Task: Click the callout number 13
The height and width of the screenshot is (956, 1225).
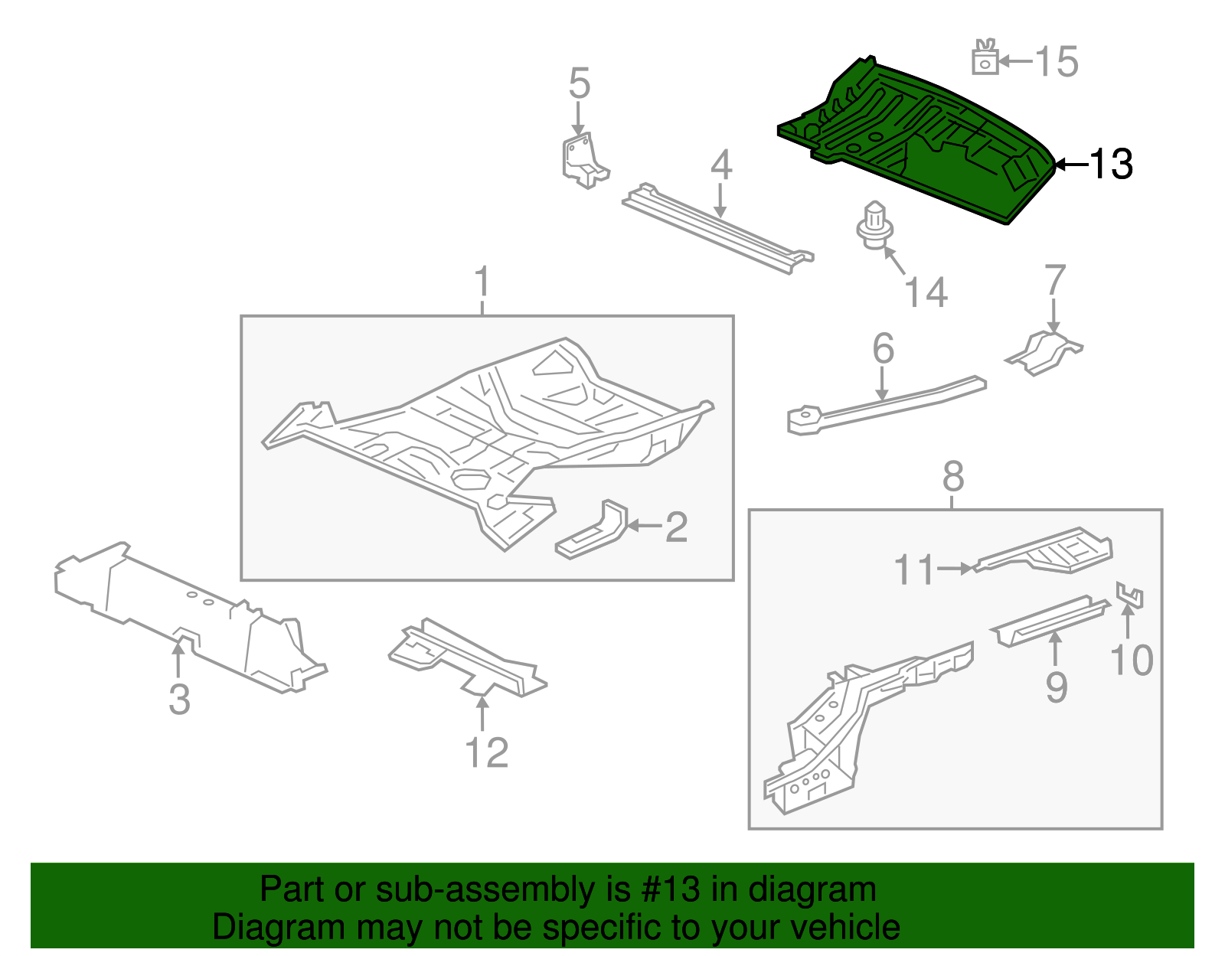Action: tap(1110, 164)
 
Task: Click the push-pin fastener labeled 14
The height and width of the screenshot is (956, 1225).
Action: tap(873, 226)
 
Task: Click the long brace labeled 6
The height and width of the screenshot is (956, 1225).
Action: tap(888, 403)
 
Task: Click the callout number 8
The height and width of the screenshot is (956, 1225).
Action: tap(952, 477)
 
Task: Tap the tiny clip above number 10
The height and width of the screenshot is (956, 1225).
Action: tap(1130, 595)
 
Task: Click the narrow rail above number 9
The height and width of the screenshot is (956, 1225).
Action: tap(1050, 618)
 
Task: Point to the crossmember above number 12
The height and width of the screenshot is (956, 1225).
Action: tap(467, 658)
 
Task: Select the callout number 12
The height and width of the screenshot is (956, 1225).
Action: tap(486, 752)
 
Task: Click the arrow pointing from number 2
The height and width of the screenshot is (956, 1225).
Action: tap(644, 527)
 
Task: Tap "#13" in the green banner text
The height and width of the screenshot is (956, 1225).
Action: tap(667, 889)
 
